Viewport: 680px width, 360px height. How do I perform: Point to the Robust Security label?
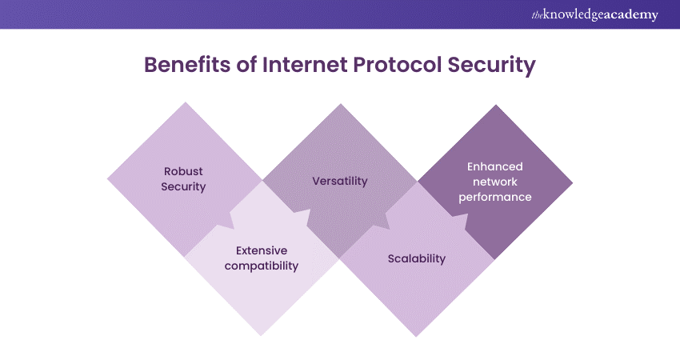click(x=183, y=179)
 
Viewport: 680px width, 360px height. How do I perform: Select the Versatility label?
click(x=339, y=181)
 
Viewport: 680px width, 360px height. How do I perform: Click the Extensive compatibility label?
click(x=261, y=258)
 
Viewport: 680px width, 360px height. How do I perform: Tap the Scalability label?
click(x=416, y=258)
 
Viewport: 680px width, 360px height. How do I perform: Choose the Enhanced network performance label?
click(x=495, y=182)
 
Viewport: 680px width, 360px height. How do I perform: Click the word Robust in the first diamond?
click(x=183, y=171)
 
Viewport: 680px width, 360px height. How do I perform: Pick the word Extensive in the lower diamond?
click(x=262, y=250)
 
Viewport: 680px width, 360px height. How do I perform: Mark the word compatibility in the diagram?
click(x=261, y=266)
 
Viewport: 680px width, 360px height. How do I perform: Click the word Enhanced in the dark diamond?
click(x=495, y=166)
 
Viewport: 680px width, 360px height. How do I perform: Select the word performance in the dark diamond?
click(x=495, y=197)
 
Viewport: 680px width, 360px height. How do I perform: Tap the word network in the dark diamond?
click(x=495, y=182)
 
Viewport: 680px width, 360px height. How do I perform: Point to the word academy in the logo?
click(x=631, y=14)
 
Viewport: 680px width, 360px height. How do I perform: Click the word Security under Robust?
click(x=183, y=187)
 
